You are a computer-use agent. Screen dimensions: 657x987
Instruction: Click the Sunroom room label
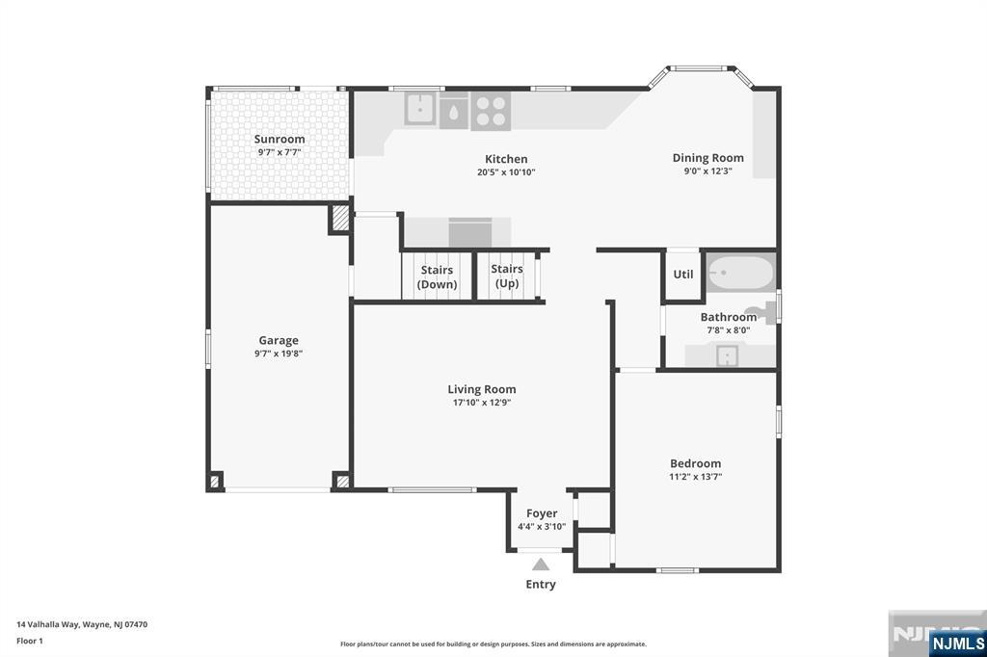click(x=280, y=139)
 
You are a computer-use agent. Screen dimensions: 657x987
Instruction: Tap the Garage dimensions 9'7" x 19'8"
click(x=279, y=354)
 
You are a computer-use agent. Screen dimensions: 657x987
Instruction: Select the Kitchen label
click(x=506, y=159)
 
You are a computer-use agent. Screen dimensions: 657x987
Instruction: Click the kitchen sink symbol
click(x=419, y=109)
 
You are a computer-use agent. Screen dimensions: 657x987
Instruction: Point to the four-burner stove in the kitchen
click(x=491, y=110)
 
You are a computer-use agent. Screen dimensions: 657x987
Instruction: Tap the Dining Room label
click(x=707, y=158)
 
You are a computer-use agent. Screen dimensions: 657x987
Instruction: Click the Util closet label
click(x=683, y=275)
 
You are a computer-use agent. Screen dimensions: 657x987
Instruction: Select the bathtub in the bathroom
click(x=739, y=273)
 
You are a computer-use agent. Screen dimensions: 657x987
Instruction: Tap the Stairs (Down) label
click(x=437, y=277)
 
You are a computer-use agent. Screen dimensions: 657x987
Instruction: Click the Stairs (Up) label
click(x=507, y=276)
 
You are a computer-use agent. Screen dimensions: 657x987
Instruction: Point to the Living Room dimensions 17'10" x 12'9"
click(x=482, y=403)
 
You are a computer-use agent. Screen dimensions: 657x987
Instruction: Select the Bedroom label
click(x=696, y=463)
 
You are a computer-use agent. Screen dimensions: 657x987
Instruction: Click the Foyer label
click(x=541, y=513)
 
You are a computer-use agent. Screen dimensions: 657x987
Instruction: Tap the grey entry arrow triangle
click(x=541, y=565)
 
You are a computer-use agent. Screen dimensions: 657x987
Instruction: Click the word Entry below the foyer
click(x=541, y=584)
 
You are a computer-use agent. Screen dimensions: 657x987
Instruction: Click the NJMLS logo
click(x=957, y=643)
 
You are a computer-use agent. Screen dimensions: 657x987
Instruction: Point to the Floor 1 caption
click(x=30, y=640)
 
